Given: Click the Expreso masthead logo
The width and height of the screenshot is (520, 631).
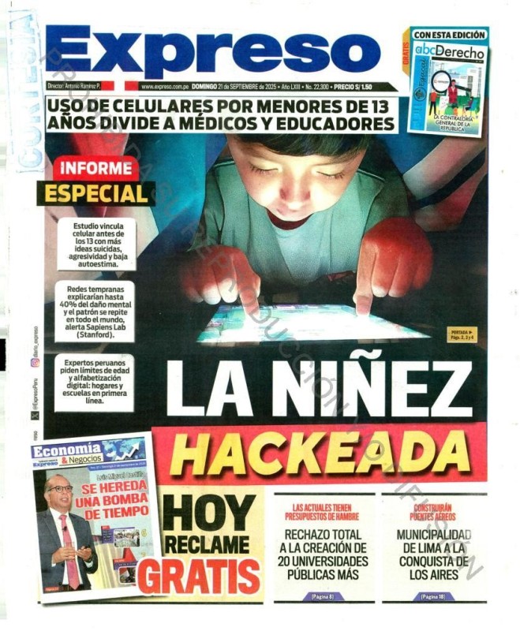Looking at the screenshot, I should [x=213, y=52].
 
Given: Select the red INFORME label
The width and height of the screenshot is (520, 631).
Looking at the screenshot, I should [x=95, y=169].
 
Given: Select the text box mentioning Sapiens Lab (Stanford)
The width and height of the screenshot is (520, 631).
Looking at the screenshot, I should [x=95, y=312].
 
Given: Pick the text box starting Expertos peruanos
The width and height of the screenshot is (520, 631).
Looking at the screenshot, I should [x=95, y=382].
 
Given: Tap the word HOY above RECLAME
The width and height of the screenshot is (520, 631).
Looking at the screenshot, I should [x=210, y=513].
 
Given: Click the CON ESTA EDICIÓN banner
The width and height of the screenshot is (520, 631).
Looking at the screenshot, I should [x=449, y=35].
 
